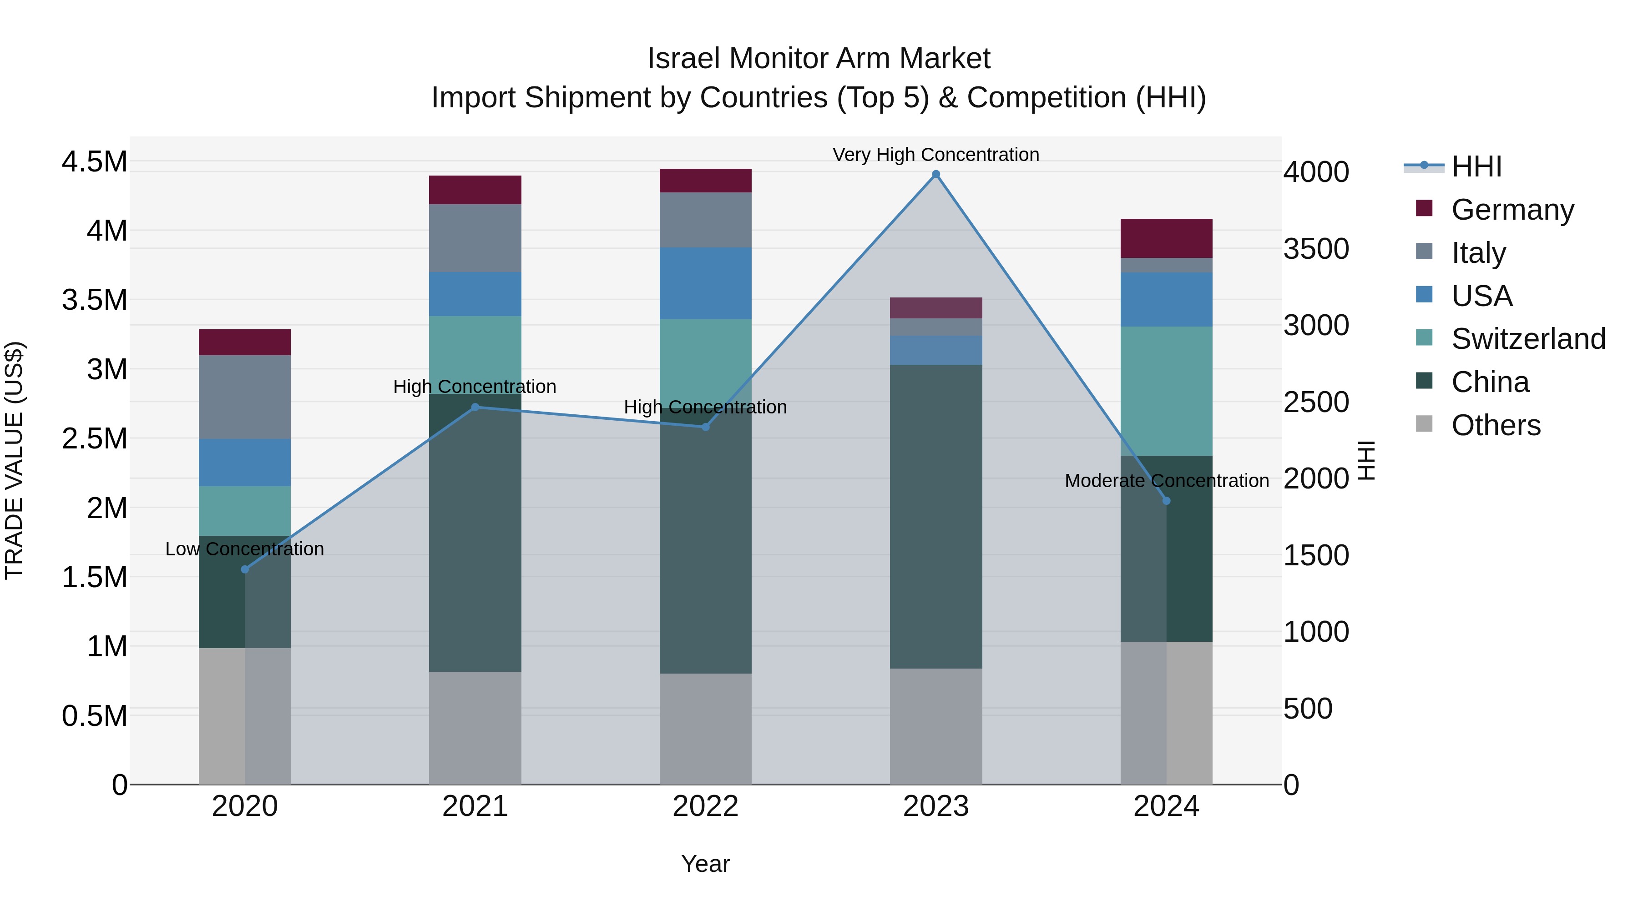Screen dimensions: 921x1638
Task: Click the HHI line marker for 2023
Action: pos(935,174)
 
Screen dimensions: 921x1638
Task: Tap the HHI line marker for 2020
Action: pos(245,569)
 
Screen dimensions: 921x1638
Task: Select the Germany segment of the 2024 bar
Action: pos(1166,238)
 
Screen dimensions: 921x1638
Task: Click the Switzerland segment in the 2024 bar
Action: pos(1166,391)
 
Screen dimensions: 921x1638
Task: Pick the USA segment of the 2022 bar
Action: pos(705,283)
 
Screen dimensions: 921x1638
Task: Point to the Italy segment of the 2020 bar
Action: pos(245,397)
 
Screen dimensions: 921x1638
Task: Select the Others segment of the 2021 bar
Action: pos(475,728)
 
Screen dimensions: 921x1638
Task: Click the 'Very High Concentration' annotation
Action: pos(935,155)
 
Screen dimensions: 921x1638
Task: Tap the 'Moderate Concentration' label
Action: pos(1166,481)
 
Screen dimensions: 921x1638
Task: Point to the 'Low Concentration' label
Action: pos(245,549)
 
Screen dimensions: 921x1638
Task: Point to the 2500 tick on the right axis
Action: pos(1315,402)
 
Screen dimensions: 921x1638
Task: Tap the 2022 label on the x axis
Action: pos(705,806)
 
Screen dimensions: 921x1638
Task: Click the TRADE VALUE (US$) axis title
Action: pos(14,460)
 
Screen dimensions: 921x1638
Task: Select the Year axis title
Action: pos(705,864)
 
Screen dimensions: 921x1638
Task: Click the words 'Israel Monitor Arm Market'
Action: pos(819,59)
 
